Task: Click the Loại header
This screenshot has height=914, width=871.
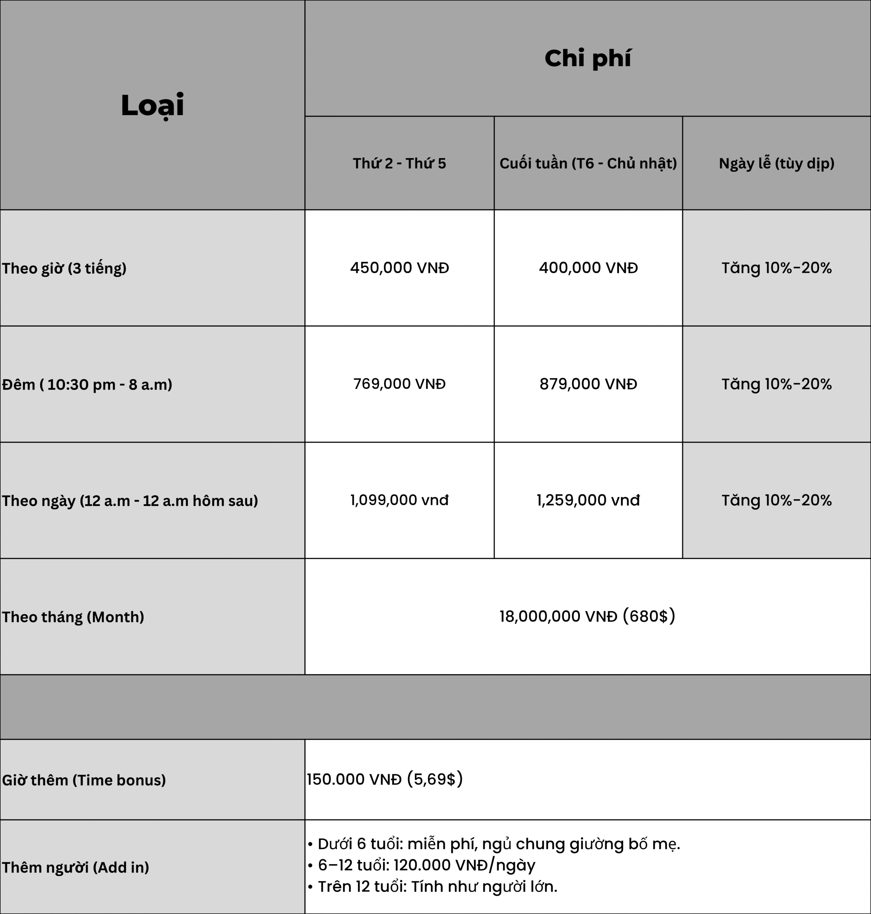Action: (152, 105)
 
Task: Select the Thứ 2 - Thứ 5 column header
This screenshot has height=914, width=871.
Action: (399, 163)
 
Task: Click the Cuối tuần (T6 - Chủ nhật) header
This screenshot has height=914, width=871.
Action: (588, 163)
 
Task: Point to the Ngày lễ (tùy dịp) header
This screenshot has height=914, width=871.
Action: (776, 163)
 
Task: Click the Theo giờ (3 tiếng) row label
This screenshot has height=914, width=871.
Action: (64, 268)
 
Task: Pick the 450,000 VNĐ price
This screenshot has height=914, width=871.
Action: (399, 268)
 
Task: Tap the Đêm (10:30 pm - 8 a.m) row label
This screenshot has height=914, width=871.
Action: (87, 385)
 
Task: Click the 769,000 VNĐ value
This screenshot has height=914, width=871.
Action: (399, 384)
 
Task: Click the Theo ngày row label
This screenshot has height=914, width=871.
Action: (130, 501)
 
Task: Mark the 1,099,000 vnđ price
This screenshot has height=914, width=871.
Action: (399, 500)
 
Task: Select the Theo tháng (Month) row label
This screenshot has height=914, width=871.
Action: (73, 617)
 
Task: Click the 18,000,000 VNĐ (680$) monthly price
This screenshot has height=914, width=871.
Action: (587, 616)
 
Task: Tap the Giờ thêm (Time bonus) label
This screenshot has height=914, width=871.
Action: (84, 780)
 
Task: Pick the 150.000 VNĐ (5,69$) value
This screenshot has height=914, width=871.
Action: (384, 779)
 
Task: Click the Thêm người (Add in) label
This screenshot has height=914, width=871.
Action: (75, 867)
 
